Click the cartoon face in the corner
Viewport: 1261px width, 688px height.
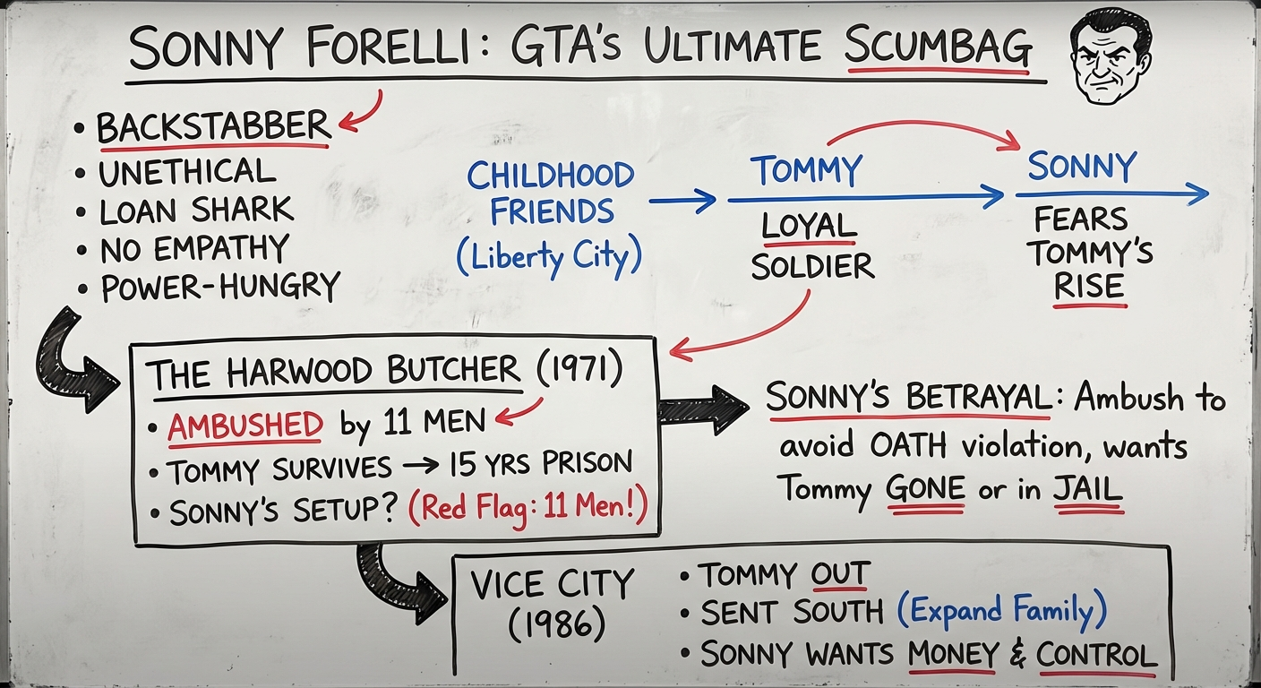pos(1111,56)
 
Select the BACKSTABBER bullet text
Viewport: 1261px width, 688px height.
pos(213,127)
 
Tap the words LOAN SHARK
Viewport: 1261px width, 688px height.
pos(197,211)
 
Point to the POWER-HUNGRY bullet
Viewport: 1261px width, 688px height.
pos(220,288)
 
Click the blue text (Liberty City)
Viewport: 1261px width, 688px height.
pos(549,256)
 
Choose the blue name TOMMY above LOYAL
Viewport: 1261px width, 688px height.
pos(806,170)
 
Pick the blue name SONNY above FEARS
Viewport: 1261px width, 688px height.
pos(1081,167)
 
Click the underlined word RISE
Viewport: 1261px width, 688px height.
pos(1088,287)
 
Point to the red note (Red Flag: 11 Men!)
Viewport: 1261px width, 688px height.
pos(529,511)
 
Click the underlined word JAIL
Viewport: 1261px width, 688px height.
pos(1088,489)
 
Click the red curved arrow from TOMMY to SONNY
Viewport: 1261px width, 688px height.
pos(922,127)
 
